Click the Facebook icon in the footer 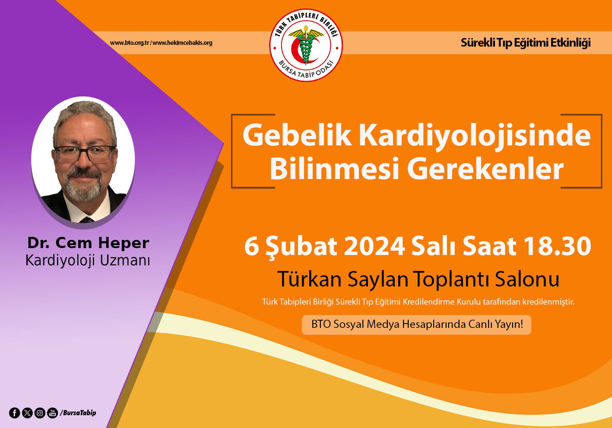tap(15, 413)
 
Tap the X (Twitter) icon tap(27, 413)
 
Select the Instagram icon tap(40, 413)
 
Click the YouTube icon tap(52, 413)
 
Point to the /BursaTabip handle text tap(78, 413)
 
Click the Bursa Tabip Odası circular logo tap(306, 45)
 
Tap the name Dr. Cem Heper tap(88, 242)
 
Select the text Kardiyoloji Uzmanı tap(88, 261)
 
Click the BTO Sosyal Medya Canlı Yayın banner tap(416, 325)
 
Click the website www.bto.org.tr tap(130, 43)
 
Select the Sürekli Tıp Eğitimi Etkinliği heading tap(526, 43)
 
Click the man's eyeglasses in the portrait tap(85, 154)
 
